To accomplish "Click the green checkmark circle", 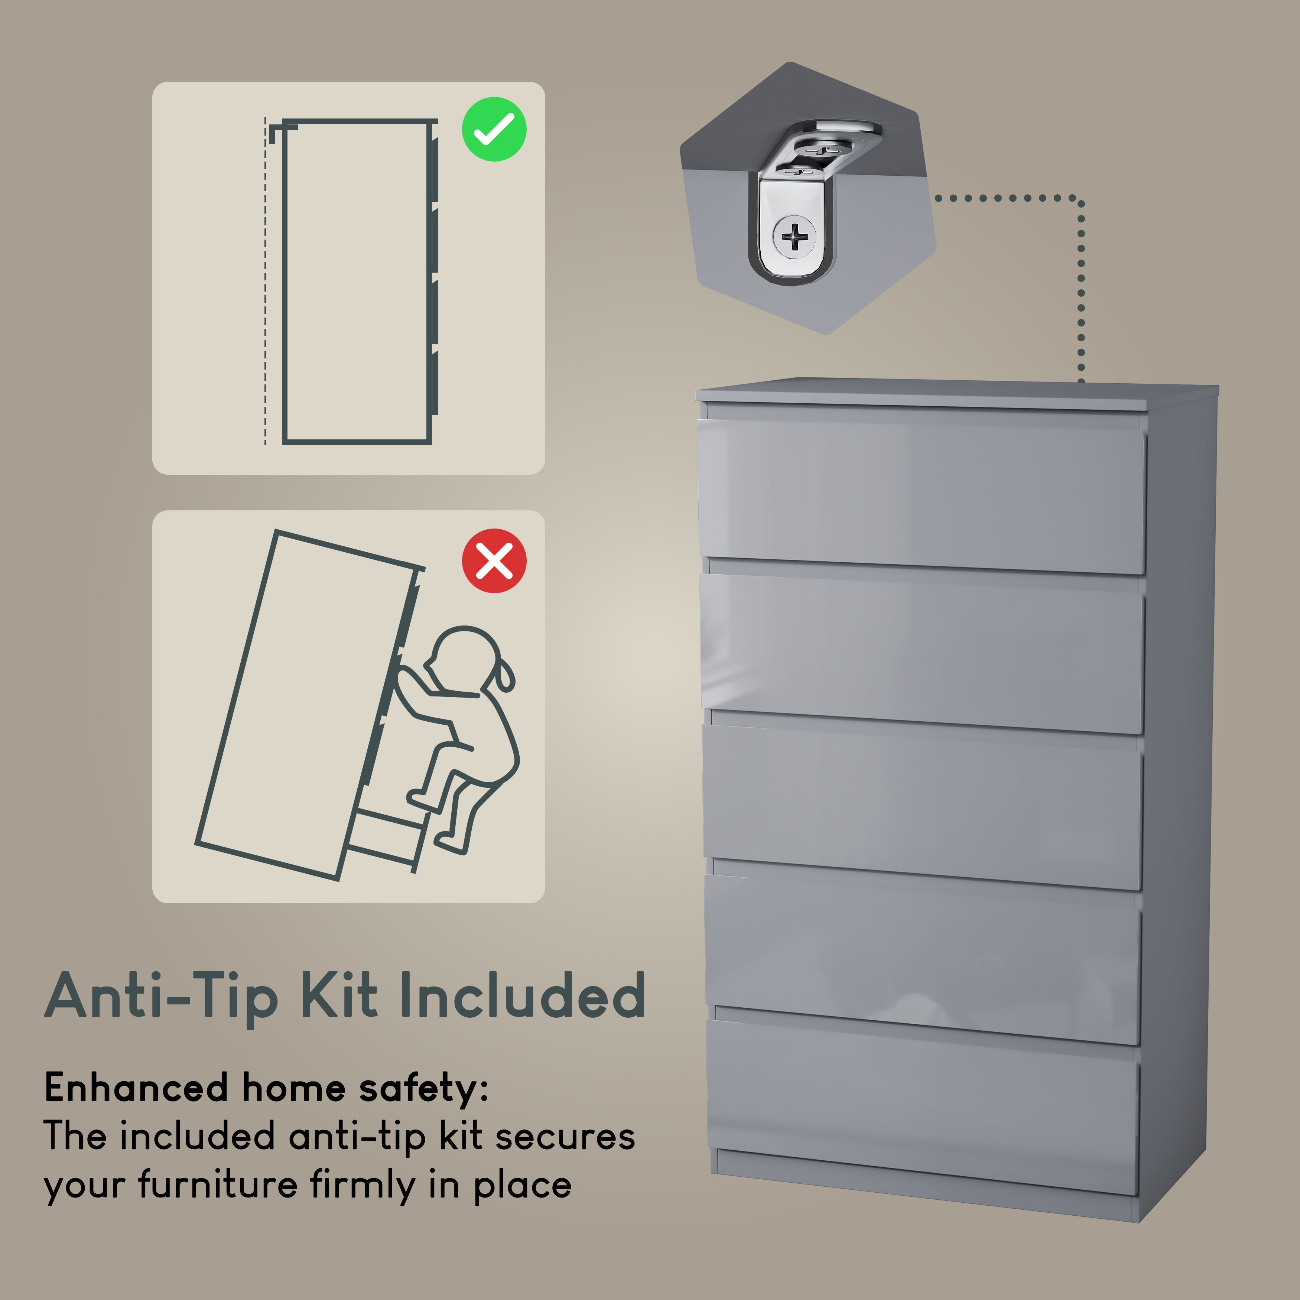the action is coord(494,129).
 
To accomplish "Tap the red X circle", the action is coord(494,560).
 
